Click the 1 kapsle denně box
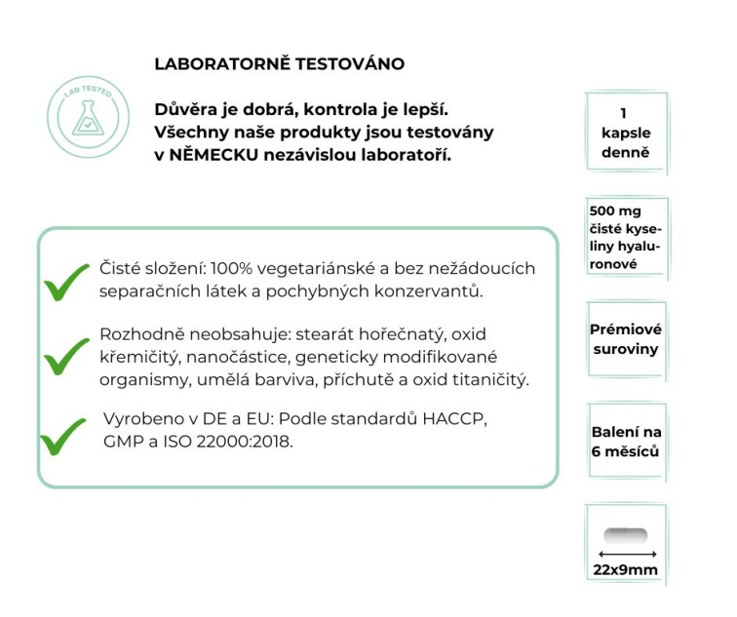(623, 133)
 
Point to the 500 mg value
(610, 212)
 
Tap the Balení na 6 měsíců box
(625, 442)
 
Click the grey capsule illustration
(625, 535)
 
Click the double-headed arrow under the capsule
(625, 553)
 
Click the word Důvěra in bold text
(185, 108)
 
